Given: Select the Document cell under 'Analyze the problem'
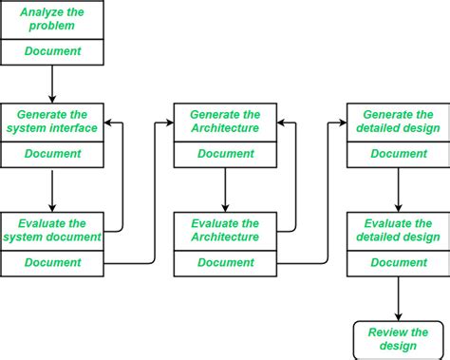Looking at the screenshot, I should (52, 51).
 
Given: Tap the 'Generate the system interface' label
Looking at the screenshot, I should (52, 122).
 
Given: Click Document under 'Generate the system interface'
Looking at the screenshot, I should (52, 153).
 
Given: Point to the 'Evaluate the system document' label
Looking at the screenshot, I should (52, 231).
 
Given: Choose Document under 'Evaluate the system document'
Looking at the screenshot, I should (52, 262).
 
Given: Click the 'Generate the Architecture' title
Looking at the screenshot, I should (225, 122).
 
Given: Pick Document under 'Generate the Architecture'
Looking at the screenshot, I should (225, 153).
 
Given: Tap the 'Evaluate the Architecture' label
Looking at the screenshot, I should (225, 231).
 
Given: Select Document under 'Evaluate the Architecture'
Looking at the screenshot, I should (225, 262).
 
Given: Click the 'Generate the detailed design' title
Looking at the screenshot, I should (398, 122).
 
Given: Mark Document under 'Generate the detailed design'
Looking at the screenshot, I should (398, 153).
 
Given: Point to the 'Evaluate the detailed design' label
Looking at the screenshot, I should (398, 231).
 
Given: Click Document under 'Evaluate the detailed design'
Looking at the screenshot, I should (398, 262).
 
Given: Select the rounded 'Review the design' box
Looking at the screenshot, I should (398, 339).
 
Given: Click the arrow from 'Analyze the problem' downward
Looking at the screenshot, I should (52, 84).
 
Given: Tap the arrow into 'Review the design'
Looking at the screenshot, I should (398, 299).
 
